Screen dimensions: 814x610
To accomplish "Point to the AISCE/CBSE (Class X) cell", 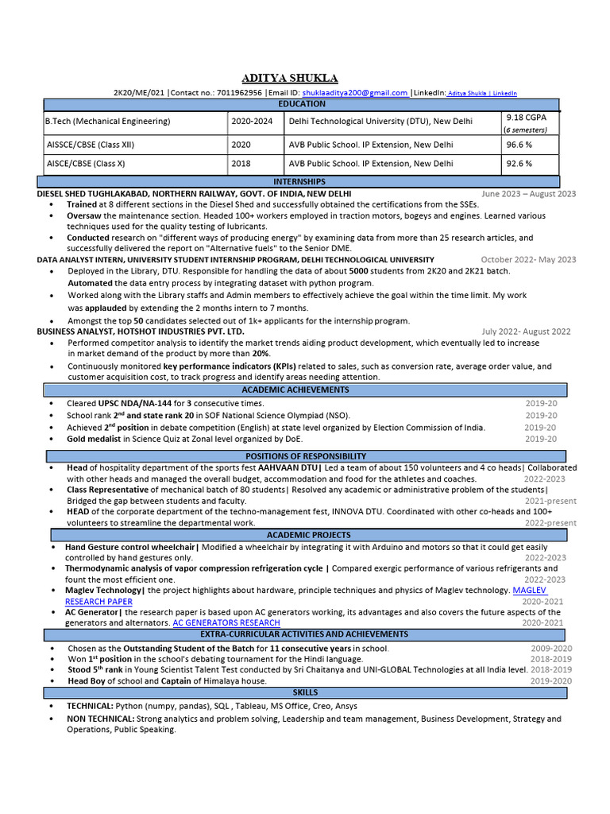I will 85,163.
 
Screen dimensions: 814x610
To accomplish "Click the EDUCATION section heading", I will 301,104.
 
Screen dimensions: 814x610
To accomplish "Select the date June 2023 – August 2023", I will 528,194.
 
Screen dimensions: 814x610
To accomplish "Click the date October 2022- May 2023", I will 528,260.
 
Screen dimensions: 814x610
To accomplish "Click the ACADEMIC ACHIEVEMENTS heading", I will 306,390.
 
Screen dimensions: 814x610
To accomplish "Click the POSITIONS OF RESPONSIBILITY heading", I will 306,456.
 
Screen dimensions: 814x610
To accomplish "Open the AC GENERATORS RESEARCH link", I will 226,623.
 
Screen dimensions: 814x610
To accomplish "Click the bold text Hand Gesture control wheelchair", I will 130,548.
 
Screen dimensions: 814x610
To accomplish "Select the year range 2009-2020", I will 550,649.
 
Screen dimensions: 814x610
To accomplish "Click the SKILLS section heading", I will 306,693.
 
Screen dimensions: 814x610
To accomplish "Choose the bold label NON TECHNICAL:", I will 100,719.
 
